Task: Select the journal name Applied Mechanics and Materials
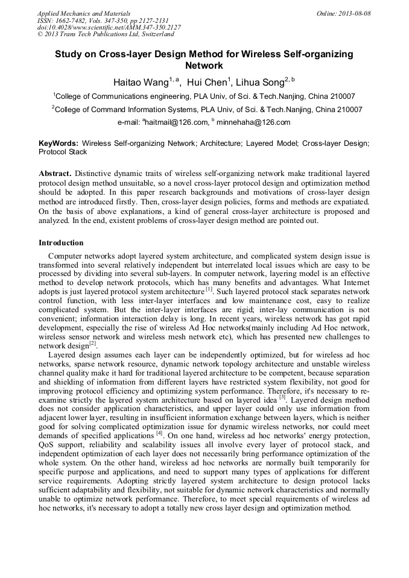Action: click(x=84, y=13)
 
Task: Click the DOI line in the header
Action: click(x=109, y=27)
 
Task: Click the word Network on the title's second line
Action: click(x=204, y=66)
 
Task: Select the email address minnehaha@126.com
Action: click(x=253, y=122)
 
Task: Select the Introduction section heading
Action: click(x=61, y=243)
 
